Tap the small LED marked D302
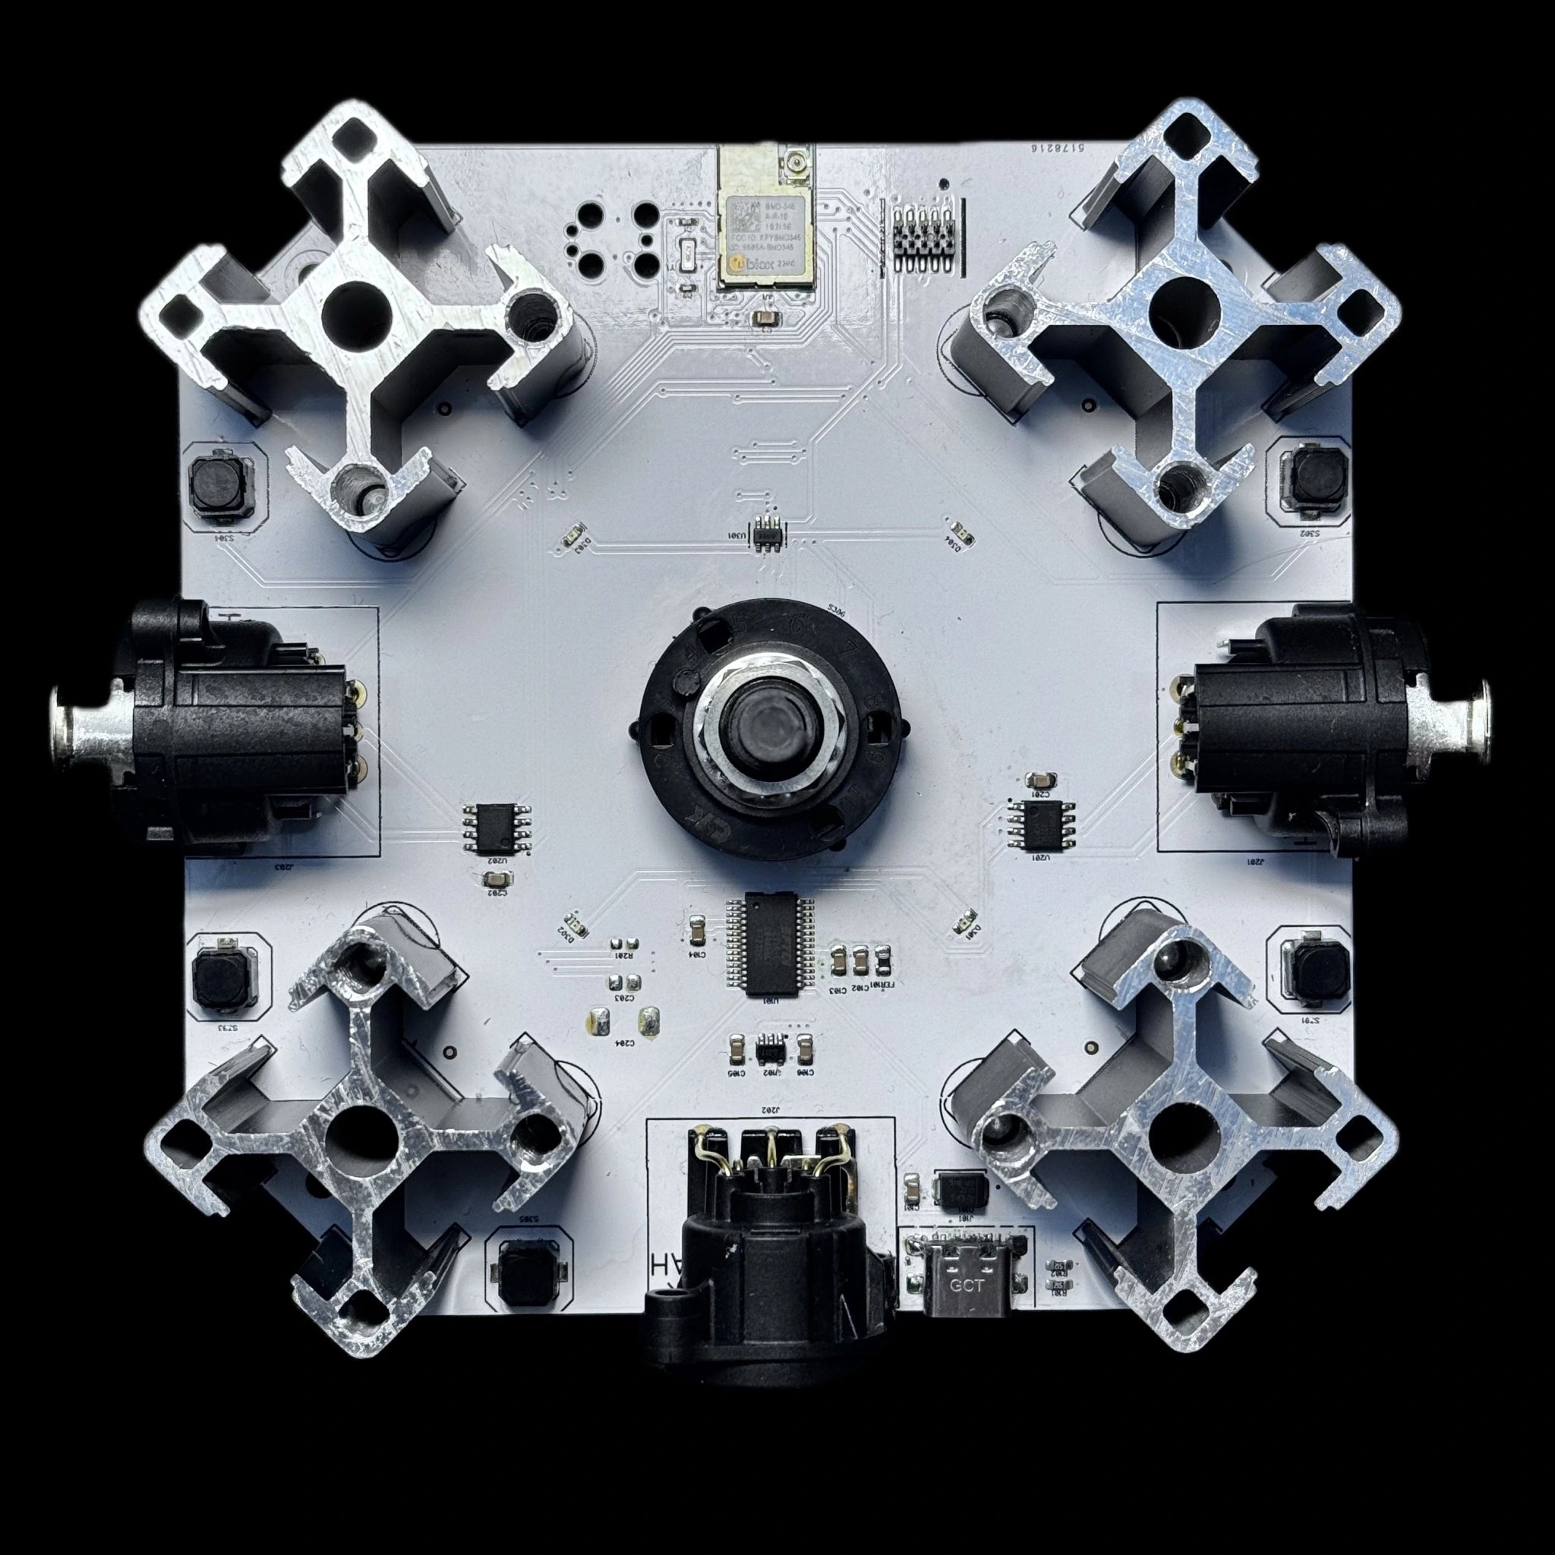pyautogui.click(x=573, y=923)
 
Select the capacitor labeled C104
pyautogui.click(x=698, y=931)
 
